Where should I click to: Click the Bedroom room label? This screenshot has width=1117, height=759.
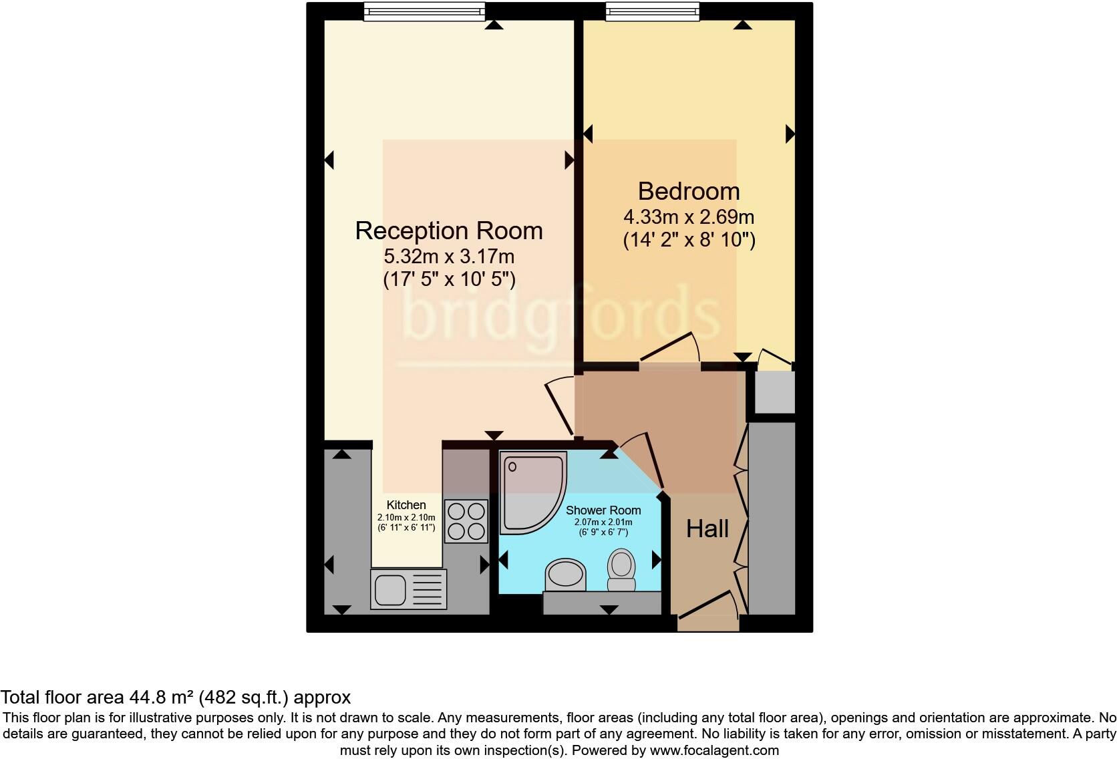(x=689, y=192)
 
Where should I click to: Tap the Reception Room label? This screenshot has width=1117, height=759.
(x=449, y=231)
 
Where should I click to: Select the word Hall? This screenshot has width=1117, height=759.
(x=707, y=529)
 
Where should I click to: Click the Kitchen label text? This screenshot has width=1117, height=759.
(x=406, y=506)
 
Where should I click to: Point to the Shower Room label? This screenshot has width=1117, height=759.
(x=603, y=510)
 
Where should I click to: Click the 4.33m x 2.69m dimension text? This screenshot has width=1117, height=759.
(x=689, y=217)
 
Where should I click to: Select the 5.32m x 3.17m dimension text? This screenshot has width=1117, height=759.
(x=449, y=256)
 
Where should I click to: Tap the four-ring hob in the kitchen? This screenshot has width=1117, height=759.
(x=466, y=521)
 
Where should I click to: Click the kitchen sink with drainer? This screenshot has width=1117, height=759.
(x=408, y=589)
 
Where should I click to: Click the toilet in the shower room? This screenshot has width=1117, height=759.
(x=621, y=570)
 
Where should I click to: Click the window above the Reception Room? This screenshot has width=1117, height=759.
(x=424, y=11)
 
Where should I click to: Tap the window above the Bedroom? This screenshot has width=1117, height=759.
(x=653, y=11)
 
